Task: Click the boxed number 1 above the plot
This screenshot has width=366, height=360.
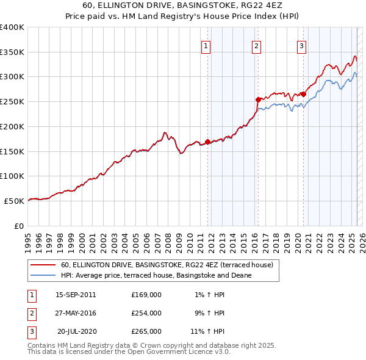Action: click(x=206, y=46)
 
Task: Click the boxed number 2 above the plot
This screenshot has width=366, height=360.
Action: click(x=257, y=46)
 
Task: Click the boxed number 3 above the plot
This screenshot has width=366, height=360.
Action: click(x=301, y=46)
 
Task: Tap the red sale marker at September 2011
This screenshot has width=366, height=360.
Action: click(x=207, y=142)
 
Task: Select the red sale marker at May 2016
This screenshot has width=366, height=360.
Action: click(x=258, y=99)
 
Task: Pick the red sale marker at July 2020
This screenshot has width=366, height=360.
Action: click(x=303, y=94)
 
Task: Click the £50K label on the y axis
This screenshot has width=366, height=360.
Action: click(x=14, y=201)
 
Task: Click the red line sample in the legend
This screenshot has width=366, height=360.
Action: click(x=43, y=265)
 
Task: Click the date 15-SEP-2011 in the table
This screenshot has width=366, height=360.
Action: click(x=76, y=295)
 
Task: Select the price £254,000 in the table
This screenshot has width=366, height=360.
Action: click(x=146, y=313)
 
